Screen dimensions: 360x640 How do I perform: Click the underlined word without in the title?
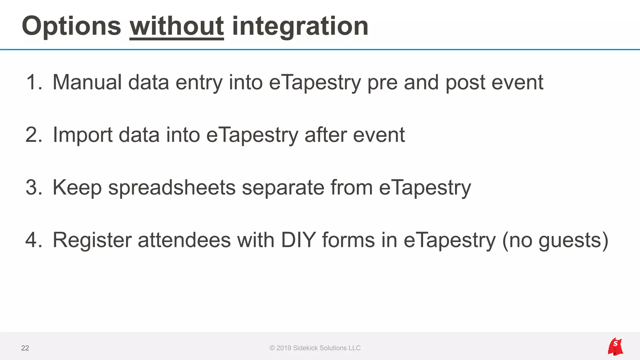pos(177,26)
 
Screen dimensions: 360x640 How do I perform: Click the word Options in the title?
pos(71,26)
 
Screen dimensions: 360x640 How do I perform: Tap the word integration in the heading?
pos(300,26)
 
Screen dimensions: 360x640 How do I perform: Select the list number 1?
pos(34,82)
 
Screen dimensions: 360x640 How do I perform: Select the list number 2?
pos(34,135)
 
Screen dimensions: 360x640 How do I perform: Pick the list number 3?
pos(34,187)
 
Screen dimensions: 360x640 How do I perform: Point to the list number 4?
pos(34,240)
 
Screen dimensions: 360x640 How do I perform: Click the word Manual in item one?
pos(87,82)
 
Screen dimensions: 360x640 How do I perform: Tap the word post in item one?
pos(465,82)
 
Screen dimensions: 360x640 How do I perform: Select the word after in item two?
pos(325,135)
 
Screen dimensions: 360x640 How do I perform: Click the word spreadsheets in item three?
pos(172,187)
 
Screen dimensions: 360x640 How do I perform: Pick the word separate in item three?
pos(283,187)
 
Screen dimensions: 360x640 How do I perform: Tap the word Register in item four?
pos(92,240)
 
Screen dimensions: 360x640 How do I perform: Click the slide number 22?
pos(25,348)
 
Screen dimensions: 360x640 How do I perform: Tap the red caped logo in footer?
pos(615,347)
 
